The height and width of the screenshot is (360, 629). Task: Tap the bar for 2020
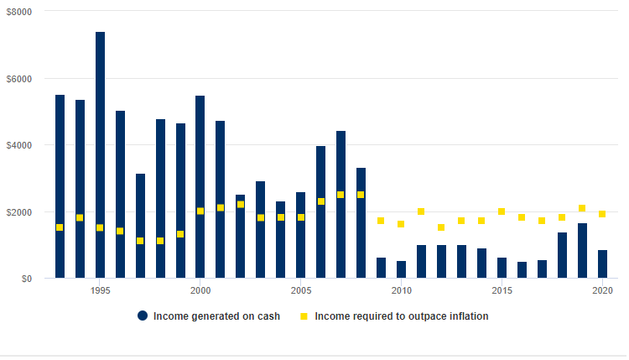[x=602, y=263]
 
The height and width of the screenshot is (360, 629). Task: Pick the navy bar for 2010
[x=401, y=269]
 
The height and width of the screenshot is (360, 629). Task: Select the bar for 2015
[x=502, y=268]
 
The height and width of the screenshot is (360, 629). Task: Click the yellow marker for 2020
[x=602, y=214]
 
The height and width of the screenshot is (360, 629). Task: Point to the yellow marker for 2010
[x=401, y=224]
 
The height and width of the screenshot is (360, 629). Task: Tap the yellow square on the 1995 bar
[x=100, y=227]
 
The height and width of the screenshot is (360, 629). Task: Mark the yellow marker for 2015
[x=502, y=211]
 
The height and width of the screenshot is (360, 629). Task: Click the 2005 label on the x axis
[x=301, y=290]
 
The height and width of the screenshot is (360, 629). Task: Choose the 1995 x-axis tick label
[x=100, y=290]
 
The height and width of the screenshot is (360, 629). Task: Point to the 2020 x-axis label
[x=602, y=290]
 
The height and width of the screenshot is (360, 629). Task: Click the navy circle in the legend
[x=143, y=316]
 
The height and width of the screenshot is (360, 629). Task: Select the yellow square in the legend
[x=304, y=316]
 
